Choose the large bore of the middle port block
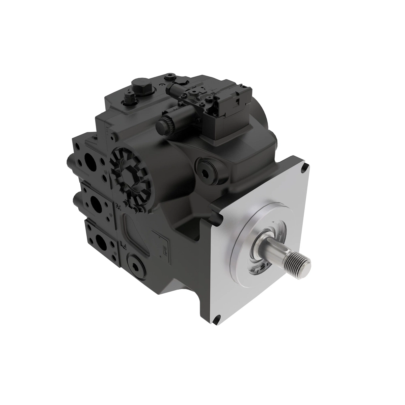(x=95, y=202)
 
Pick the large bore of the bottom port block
(x=101, y=241)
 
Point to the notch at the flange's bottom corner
(x=217, y=319)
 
